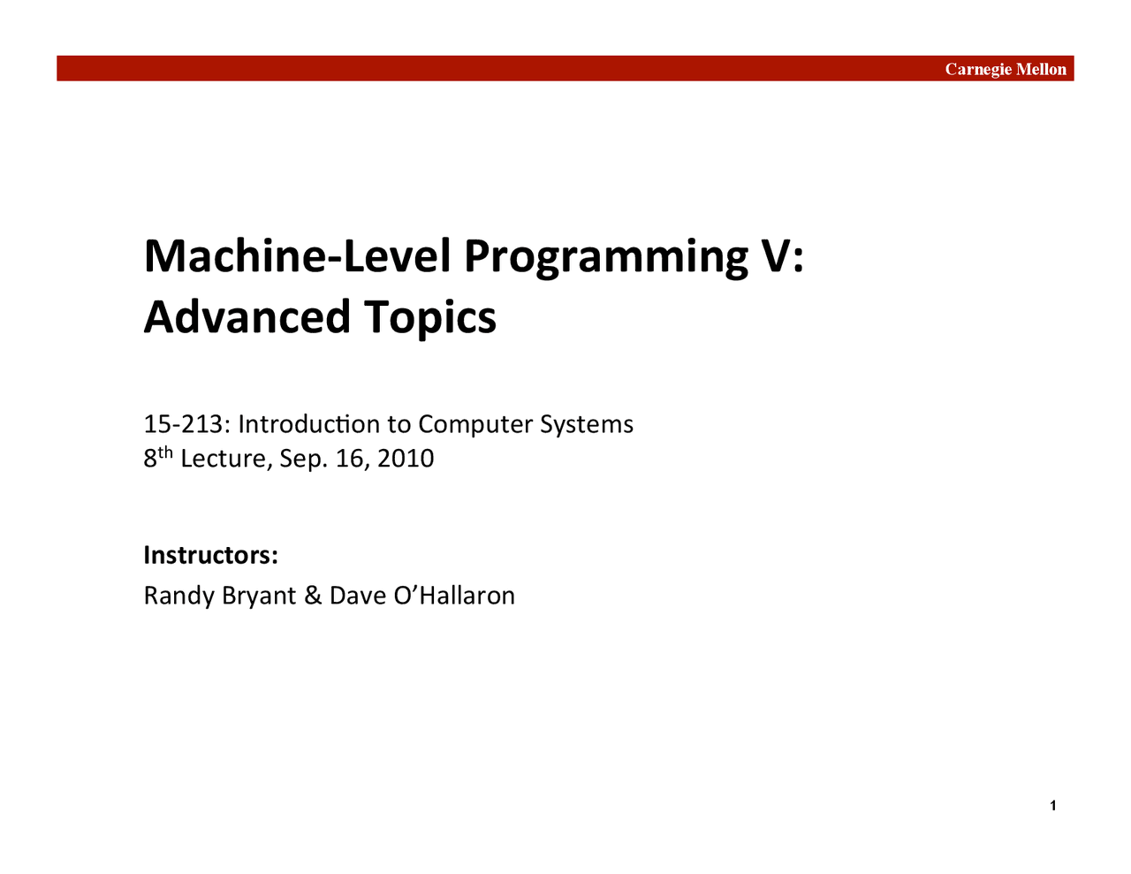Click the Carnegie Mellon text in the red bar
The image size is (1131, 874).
[x=1006, y=69]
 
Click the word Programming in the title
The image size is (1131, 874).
[x=605, y=256]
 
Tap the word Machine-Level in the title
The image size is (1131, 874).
[x=299, y=255]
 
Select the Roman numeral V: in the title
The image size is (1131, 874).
[x=781, y=255]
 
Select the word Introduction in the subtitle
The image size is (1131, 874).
[x=309, y=424]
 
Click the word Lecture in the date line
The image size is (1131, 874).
[x=225, y=459]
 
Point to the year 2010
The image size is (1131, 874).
[x=406, y=459]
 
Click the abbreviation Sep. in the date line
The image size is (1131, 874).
[x=303, y=460]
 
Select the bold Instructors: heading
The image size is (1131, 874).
[x=211, y=555]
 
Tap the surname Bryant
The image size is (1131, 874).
[x=259, y=597]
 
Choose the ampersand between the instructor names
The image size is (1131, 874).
[x=313, y=596]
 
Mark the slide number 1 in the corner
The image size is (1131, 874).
[x=1053, y=805]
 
